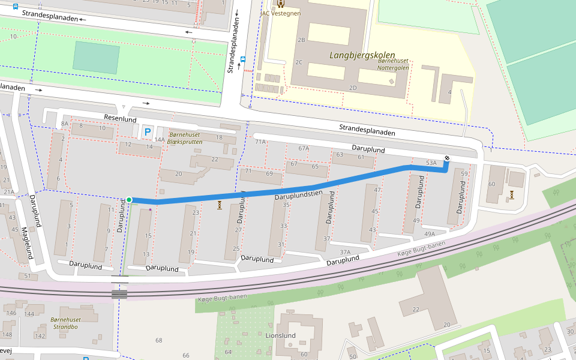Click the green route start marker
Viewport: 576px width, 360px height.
pyautogui.click(x=129, y=200)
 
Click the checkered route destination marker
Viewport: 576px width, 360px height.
pyautogui.click(x=447, y=158)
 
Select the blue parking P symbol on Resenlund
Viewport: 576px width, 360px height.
pyautogui.click(x=147, y=131)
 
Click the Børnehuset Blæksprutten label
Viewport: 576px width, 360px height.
pyautogui.click(x=185, y=138)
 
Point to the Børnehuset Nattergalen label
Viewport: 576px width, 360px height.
pyautogui.click(x=393, y=64)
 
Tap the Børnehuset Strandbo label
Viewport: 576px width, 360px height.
pyautogui.click(x=65, y=323)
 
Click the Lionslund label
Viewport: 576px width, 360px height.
pyautogui.click(x=280, y=335)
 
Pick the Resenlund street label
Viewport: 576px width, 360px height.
pyautogui.click(x=120, y=119)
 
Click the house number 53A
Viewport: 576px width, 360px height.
pyautogui.click(x=431, y=163)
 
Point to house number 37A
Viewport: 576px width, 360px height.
pyautogui.click(x=344, y=252)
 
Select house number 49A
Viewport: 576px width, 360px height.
pyautogui.click(x=429, y=234)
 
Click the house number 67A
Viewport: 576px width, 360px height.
pyautogui.click(x=304, y=148)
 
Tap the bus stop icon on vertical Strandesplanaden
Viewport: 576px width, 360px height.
pyautogui.click(x=243, y=59)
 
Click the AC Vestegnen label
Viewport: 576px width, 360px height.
pyautogui.click(x=281, y=13)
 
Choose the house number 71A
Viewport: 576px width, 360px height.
pyautogui.click(x=260, y=142)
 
